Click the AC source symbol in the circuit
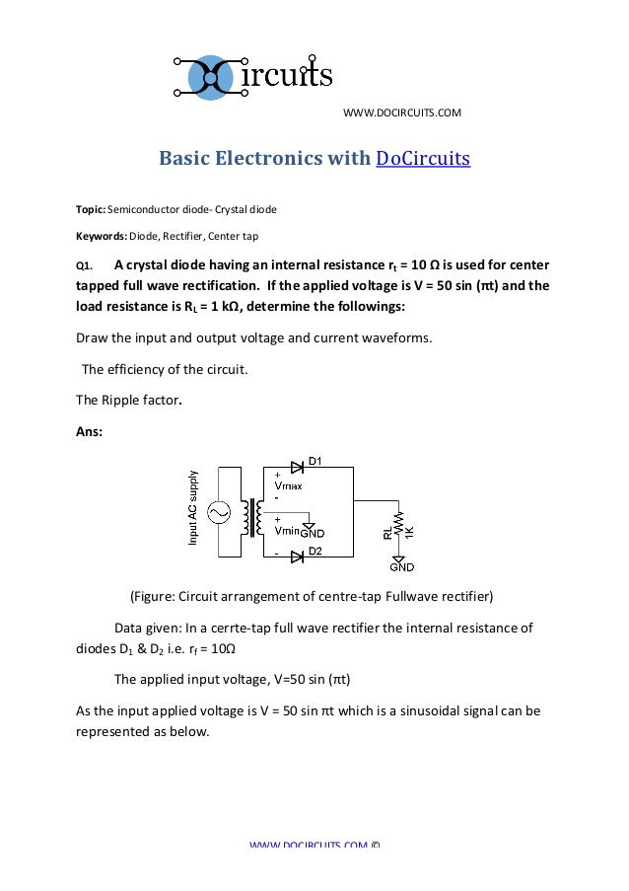216,511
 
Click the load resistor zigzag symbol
399,522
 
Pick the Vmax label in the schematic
289,486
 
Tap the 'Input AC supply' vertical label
193,506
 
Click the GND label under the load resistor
401,566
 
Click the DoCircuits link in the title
423,158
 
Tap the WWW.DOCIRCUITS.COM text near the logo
401,113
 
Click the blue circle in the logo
209,77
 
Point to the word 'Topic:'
90,210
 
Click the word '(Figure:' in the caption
156,597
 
